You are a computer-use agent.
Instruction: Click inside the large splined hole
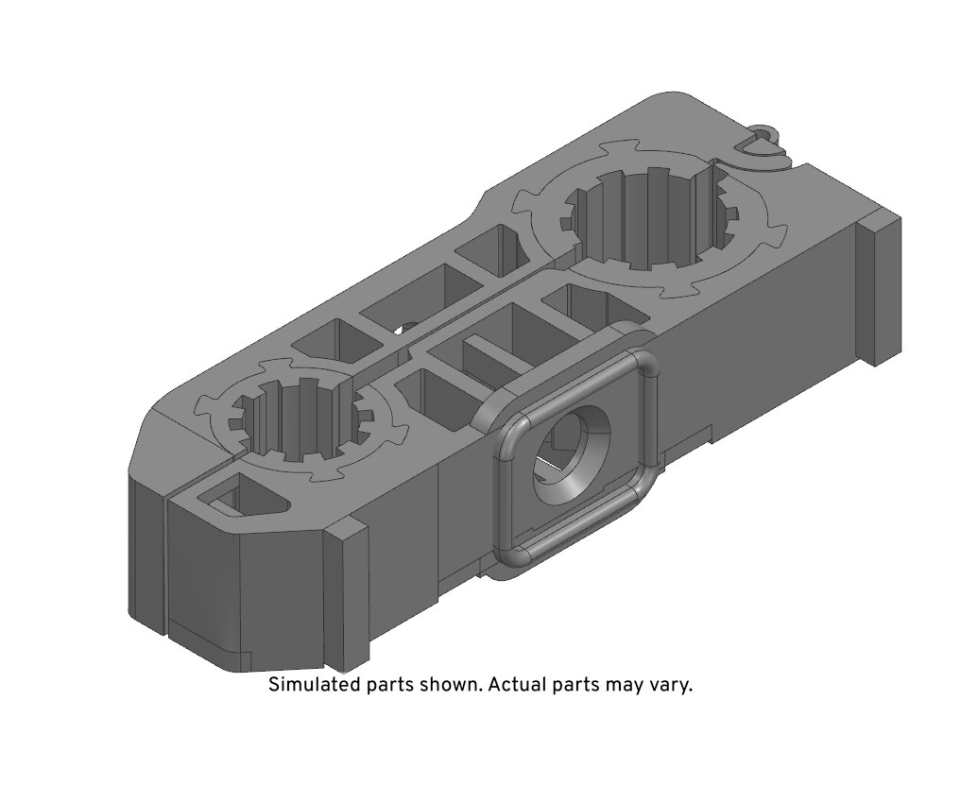click(653, 220)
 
